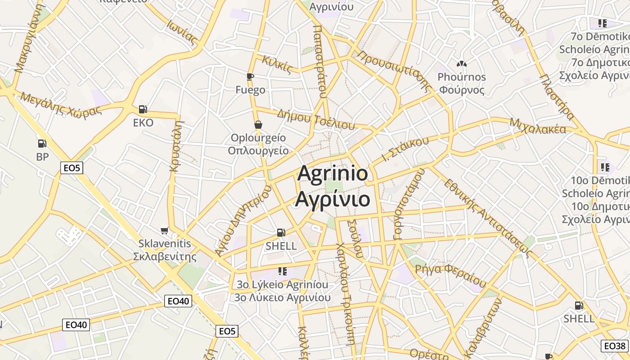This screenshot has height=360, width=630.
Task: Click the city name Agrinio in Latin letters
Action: (x=333, y=174)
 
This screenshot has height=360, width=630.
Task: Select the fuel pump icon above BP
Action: (x=42, y=144)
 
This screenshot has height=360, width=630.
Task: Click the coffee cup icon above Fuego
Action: (x=250, y=76)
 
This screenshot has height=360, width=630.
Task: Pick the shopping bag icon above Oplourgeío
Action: (x=258, y=124)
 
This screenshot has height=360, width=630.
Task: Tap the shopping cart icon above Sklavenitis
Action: (x=165, y=230)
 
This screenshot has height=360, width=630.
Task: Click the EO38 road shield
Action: (x=615, y=346)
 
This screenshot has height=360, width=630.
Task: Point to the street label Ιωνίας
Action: (x=182, y=32)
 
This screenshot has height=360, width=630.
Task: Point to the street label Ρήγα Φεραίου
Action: (x=450, y=274)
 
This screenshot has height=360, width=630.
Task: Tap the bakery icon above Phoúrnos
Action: (x=461, y=64)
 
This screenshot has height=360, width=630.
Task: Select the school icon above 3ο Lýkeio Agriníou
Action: (x=283, y=271)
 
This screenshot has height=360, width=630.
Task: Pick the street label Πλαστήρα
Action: (x=557, y=97)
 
